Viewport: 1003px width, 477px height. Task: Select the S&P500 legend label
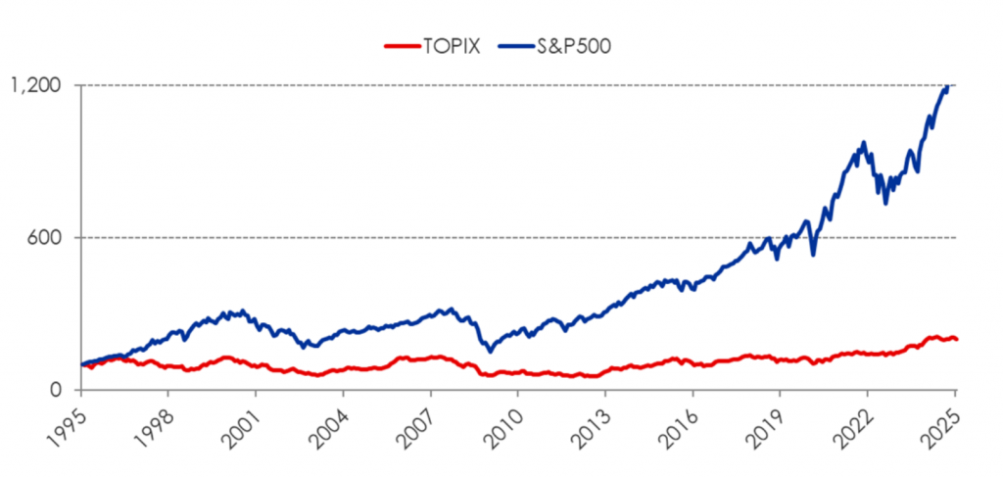[x=569, y=46]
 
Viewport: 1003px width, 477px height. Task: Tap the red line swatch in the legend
[x=398, y=46]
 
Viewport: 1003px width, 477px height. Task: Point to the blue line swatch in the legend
[x=512, y=46]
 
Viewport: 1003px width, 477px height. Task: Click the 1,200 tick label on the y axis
[x=36, y=85]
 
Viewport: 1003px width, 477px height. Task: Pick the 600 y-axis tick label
[x=47, y=237]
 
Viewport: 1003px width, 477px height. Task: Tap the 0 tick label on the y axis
[x=59, y=390]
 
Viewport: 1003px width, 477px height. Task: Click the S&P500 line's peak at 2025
[x=947, y=87]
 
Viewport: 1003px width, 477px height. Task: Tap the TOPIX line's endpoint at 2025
[x=956, y=339]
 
